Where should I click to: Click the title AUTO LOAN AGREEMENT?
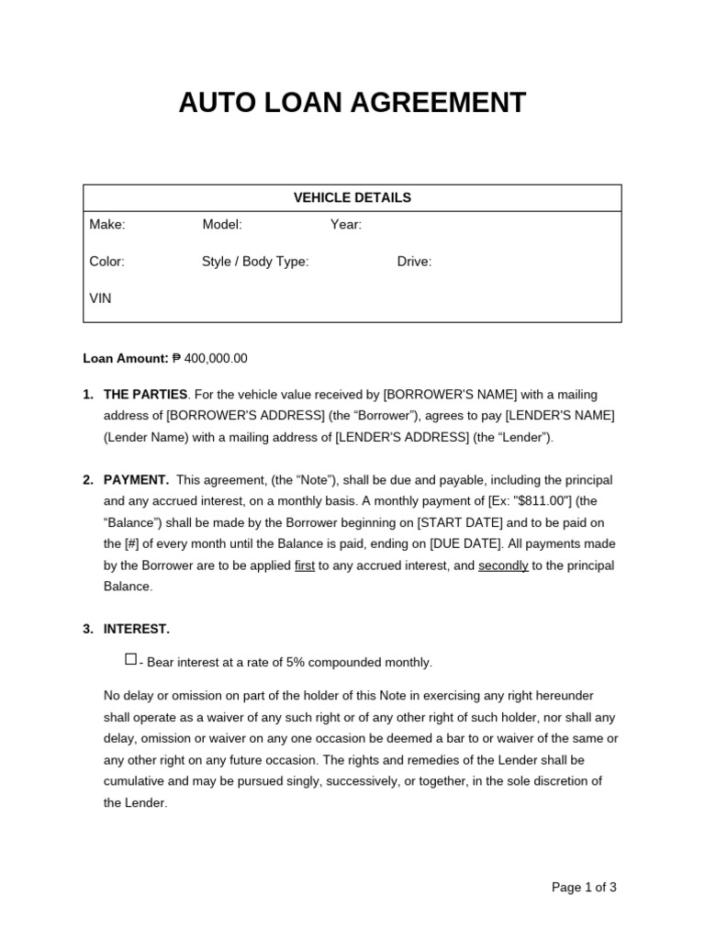[x=352, y=103]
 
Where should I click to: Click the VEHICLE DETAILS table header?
[x=352, y=197]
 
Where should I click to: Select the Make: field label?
[x=107, y=225]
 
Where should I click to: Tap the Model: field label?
[x=222, y=225]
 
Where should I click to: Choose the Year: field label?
[x=346, y=225]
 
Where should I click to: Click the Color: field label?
[x=106, y=262]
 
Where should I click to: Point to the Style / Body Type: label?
[x=255, y=262]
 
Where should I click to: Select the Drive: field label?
[x=414, y=262]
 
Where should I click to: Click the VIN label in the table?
[x=100, y=298]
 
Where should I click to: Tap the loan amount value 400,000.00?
[x=216, y=358]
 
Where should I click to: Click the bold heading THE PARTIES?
[x=145, y=395]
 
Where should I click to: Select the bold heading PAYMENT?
[x=136, y=480]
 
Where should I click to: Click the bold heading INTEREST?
[x=137, y=629]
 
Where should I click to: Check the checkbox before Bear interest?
[x=130, y=659]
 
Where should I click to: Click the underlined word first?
[x=304, y=565]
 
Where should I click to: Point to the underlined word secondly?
[x=503, y=565]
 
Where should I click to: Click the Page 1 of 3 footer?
[x=584, y=888]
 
